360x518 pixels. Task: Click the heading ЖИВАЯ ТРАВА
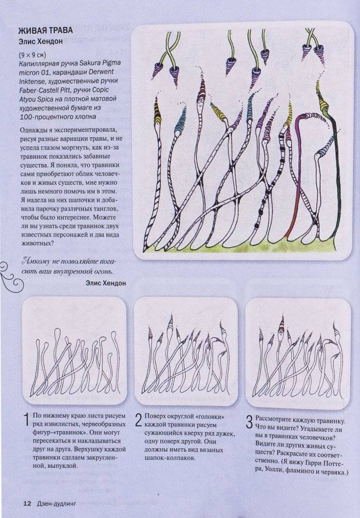coord(46,31)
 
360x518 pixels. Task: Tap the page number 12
coord(27,504)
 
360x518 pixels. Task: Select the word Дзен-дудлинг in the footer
coord(56,504)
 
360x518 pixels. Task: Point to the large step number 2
coord(139,420)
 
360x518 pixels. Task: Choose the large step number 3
coord(250,423)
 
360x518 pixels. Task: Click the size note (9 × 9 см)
coord(33,54)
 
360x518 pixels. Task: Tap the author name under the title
coord(40,41)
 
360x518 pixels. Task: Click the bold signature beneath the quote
coord(106,283)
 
